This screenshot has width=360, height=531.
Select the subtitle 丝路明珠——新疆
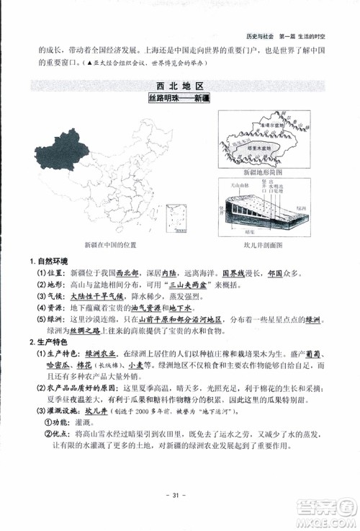tap(179, 99)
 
